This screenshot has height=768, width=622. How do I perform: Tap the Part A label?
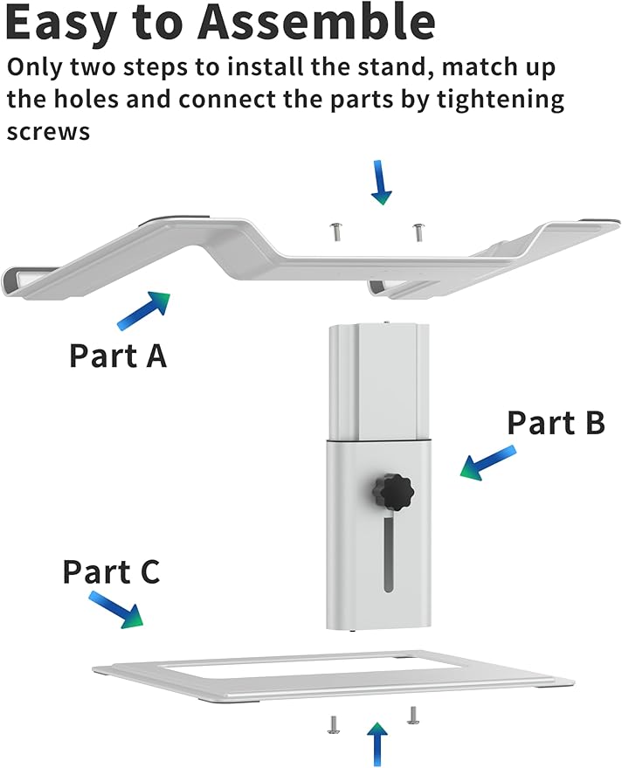[x=118, y=356]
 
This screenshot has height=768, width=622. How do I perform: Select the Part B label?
[x=556, y=423]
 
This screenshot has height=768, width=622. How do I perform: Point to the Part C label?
[x=111, y=572]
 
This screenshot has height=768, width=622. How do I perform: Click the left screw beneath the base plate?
[x=333, y=724]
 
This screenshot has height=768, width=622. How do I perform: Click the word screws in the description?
[x=48, y=132]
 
